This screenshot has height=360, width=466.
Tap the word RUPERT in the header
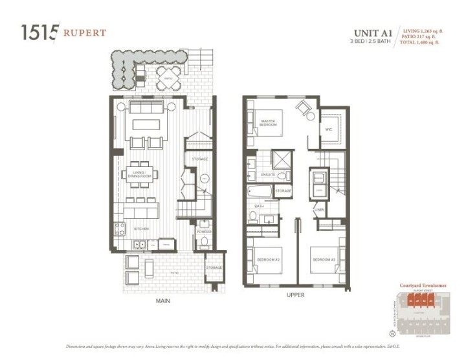click(x=85, y=32)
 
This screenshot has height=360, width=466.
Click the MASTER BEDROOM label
click(x=268, y=122)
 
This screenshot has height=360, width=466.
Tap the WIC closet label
click(x=328, y=128)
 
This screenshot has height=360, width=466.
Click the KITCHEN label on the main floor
click(x=142, y=229)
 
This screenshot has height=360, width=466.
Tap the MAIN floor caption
click(x=163, y=301)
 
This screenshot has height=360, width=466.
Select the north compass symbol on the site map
click(x=392, y=334)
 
